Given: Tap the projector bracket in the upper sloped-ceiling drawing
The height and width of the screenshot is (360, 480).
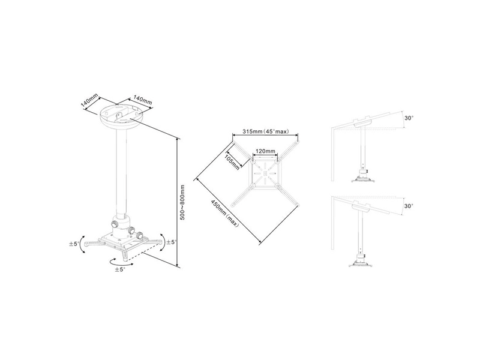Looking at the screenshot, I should pyautogui.click(x=362, y=177).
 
